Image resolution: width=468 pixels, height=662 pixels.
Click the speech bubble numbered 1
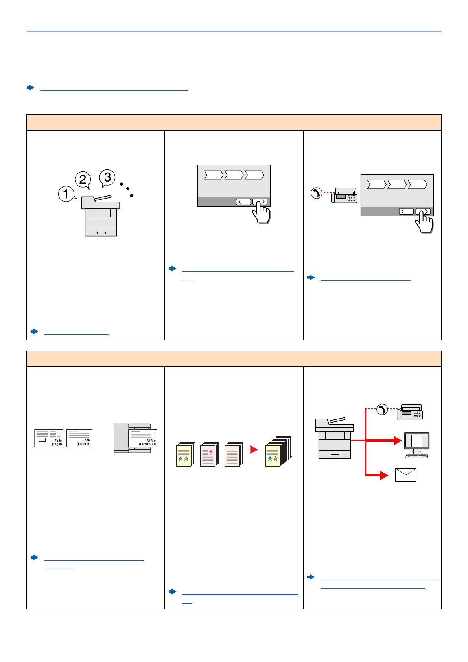[66, 194]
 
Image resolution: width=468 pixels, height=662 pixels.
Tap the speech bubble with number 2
[83, 179]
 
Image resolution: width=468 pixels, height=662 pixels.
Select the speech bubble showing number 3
[107, 177]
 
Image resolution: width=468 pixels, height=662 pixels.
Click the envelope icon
[405, 475]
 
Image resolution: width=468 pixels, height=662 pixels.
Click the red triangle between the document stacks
[254, 449]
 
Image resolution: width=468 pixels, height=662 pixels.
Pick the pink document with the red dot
[209, 455]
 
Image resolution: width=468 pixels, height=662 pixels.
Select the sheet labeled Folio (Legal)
[48, 438]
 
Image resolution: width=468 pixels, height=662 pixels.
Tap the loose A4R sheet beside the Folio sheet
[79, 438]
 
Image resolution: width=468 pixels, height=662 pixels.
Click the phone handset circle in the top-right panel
[316, 193]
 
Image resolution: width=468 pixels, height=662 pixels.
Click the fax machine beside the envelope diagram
[410, 412]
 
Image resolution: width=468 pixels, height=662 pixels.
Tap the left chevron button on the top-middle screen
[243, 202]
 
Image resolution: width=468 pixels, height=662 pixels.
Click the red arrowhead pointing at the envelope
[384, 475]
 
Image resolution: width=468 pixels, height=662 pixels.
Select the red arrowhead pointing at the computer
[397, 441]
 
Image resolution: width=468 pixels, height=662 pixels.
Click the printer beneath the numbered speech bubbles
[101, 216]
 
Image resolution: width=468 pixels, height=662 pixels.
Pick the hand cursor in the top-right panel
[425, 222]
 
